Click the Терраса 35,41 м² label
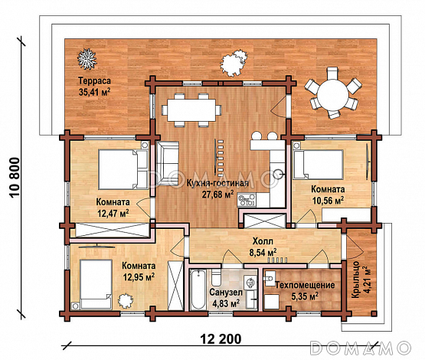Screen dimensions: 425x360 click(94, 87)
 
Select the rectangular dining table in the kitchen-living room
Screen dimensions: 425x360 click(191, 110)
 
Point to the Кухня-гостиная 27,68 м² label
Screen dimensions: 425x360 click(217, 189)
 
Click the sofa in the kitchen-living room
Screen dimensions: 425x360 click(168, 163)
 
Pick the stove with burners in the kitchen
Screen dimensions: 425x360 click(247, 200)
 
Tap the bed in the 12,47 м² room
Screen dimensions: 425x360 click(123, 169)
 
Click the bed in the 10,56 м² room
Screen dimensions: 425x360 click(319, 165)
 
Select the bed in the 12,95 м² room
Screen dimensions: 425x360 click(96, 284)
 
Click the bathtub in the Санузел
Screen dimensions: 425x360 click(198, 290)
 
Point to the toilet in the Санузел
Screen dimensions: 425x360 click(216, 277)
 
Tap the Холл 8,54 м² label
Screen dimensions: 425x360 click(263, 247)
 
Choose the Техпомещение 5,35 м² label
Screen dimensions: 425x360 click(305, 290)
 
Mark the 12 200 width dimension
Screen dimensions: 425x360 click(221, 339)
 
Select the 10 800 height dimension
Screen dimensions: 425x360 click(15, 178)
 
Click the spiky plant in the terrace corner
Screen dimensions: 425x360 click(87, 58)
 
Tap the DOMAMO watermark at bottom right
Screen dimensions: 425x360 click(361, 348)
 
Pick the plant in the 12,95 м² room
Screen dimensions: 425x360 click(126, 300)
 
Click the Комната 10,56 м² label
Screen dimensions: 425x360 click(328, 195)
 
